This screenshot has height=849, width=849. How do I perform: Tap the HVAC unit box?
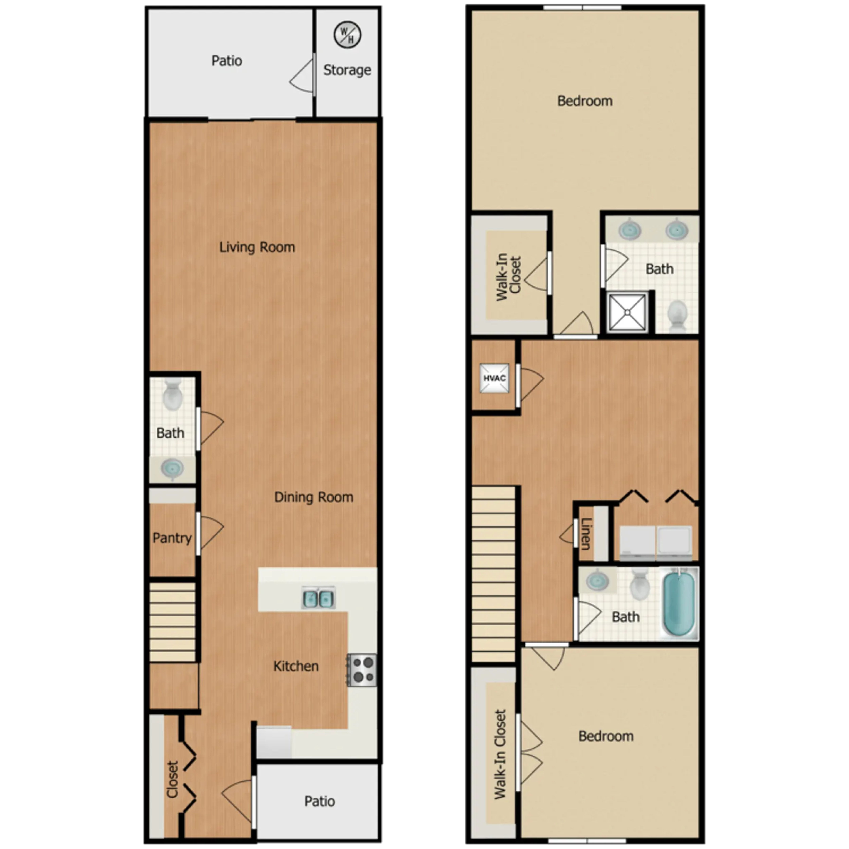494,378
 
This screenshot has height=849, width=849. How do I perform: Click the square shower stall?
628,312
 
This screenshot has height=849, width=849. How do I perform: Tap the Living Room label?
257,247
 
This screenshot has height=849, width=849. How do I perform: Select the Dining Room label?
313,497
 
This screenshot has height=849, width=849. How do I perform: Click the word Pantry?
172,538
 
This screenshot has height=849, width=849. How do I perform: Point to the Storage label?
347,70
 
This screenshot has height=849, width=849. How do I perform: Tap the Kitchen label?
296,666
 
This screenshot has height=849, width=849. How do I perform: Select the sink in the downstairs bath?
172,468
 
